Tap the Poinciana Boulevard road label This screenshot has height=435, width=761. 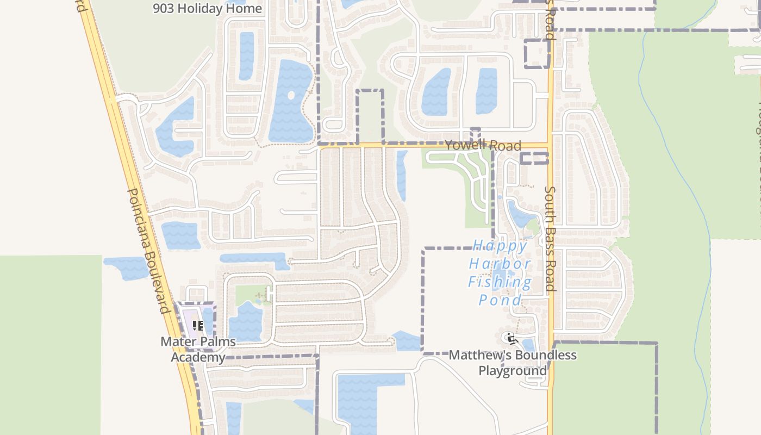(148, 251)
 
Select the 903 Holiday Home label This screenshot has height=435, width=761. (207, 8)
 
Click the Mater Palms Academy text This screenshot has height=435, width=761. (198, 349)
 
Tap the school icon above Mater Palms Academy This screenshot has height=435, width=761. (198, 326)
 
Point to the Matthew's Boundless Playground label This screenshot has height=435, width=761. (513, 363)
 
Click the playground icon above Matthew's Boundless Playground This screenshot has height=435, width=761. (511, 339)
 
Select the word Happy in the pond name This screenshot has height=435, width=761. (500, 246)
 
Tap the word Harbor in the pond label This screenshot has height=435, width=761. (500, 264)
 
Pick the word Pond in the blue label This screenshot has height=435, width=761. (500, 300)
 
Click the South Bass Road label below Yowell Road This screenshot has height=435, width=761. (550, 239)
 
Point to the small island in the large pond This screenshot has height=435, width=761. (291, 95)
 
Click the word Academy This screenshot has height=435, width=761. (198, 357)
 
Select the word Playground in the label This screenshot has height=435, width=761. (513, 371)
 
